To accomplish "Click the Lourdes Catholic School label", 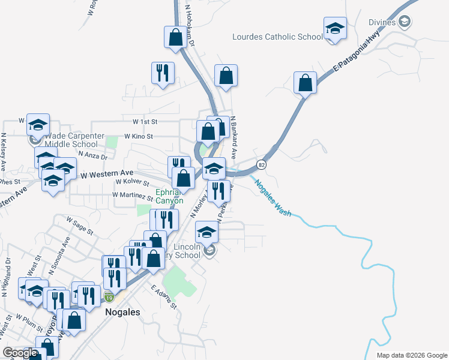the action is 277,37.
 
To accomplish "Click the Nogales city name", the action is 122,312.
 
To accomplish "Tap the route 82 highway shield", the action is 261,164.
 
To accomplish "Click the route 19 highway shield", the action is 109,297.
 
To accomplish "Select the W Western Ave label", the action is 98,174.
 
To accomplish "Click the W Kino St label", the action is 139,136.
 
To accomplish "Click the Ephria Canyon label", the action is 170,197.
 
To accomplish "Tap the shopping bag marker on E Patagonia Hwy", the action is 306,83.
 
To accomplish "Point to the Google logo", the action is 20,353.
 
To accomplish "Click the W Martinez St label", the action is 133,196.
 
